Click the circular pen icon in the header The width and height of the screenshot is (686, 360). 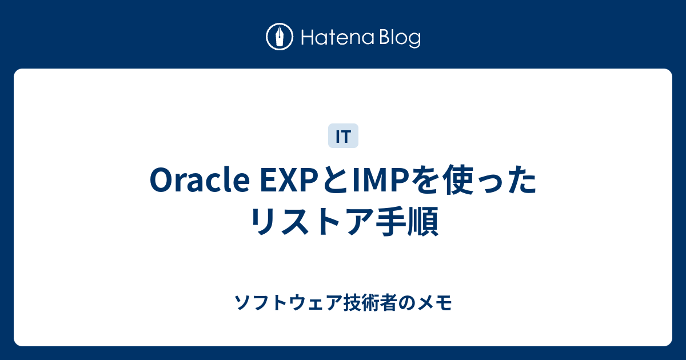tap(280, 37)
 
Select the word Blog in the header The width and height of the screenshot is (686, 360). tap(398, 38)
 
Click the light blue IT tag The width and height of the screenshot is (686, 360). tap(343, 136)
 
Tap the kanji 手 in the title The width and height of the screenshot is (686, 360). tap(386, 221)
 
